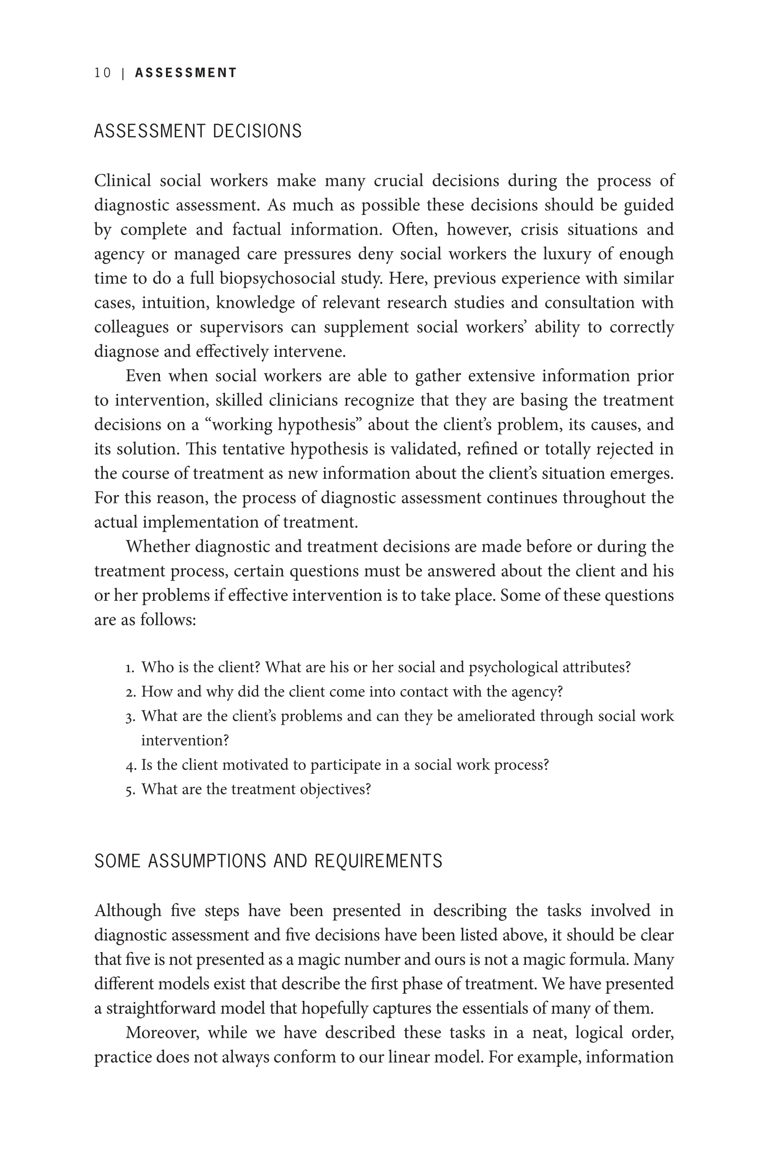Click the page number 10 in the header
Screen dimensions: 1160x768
tap(103, 73)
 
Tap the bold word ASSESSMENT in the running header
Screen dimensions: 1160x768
tap(186, 73)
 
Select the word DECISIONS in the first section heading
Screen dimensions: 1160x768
tap(257, 131)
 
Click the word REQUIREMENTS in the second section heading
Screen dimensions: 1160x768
tap(378, 861)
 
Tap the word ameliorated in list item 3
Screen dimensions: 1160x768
tap(496, 716)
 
